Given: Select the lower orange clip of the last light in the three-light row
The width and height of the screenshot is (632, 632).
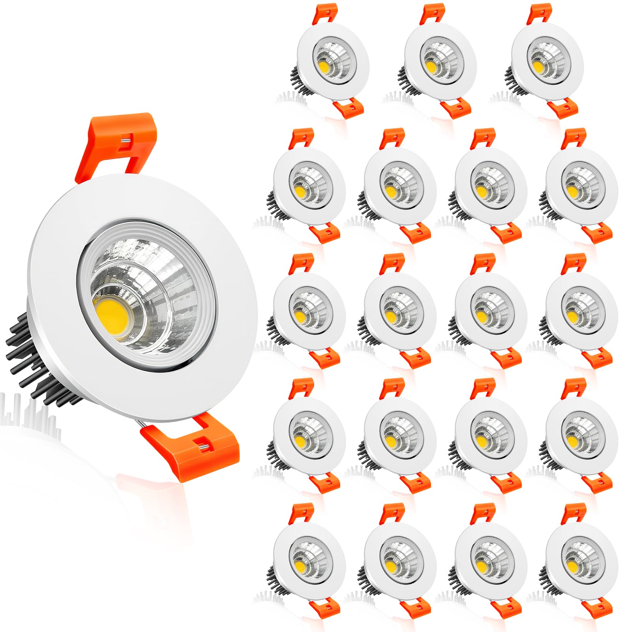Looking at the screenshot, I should tap(563, 108).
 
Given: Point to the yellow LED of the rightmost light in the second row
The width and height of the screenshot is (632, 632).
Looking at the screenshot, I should tap(571, 191).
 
